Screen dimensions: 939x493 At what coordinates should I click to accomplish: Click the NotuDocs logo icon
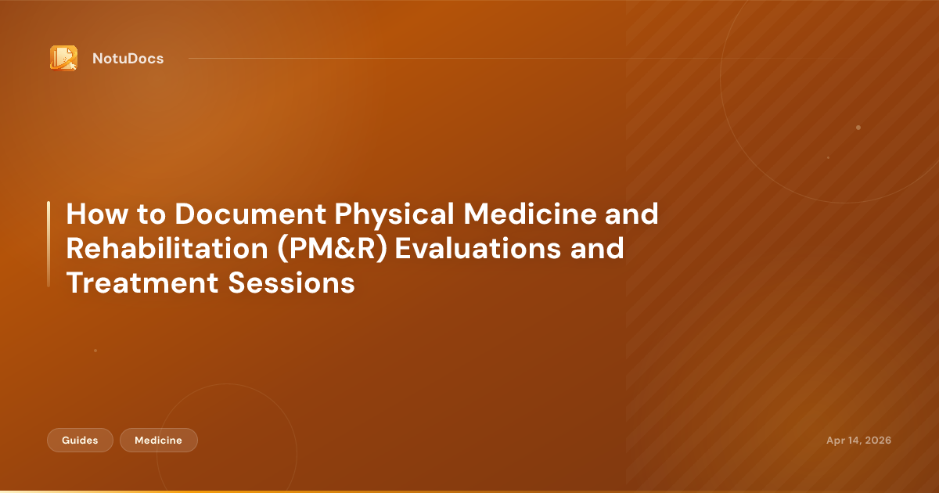point(63,58)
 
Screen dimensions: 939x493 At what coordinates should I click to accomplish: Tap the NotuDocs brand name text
point(128,59)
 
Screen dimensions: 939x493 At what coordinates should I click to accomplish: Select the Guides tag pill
point(80,440)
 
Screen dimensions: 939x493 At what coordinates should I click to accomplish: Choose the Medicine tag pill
point(158,440)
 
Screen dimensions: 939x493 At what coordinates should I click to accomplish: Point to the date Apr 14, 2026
point(858,440)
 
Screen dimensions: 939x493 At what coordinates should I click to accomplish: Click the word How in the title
point(97,214)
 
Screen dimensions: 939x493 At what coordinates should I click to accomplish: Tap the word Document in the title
point(250,214)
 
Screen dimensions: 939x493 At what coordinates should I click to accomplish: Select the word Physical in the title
point(394,215)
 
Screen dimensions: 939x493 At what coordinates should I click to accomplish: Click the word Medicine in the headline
point(530,214)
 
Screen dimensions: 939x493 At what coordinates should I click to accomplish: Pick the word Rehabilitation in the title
point(167,248)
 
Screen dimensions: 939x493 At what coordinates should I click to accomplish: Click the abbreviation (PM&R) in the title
point(332,249)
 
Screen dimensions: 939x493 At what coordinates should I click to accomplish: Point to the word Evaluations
point(477,248)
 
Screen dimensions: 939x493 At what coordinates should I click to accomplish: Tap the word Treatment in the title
point(142,282)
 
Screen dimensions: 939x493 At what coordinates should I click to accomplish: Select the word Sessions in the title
point(291,282)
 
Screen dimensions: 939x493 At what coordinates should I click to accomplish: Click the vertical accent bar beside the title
point(49,244)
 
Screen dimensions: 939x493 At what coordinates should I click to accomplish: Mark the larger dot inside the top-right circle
point(858,128)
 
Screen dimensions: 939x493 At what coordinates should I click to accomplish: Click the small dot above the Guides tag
point(95,351)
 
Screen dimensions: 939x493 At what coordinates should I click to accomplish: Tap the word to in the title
point(151,214)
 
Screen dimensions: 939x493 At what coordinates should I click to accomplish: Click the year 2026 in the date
point(878,440)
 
